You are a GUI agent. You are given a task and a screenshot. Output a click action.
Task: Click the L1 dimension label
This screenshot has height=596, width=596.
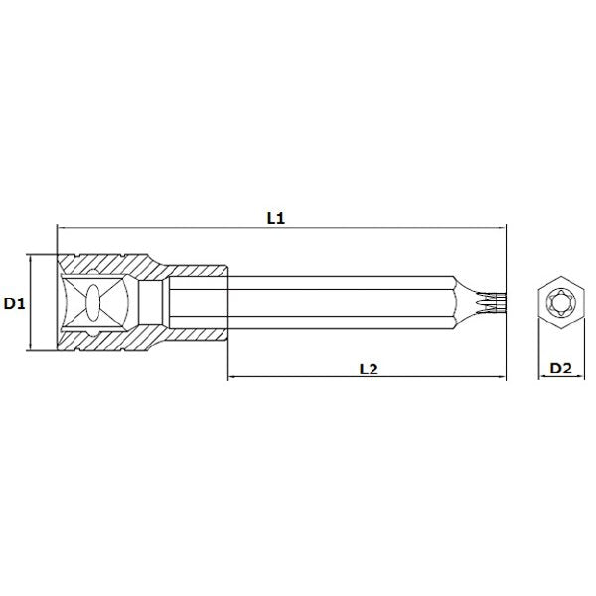pyautogui.click(x=276, y=218)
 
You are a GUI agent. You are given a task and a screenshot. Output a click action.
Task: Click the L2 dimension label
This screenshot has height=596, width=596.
pyautogui.click(x=369, y=369)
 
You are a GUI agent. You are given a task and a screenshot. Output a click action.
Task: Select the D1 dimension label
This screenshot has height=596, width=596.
pyautogui.click(x=14, y=303)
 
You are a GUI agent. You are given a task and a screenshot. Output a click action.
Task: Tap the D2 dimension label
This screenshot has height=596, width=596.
pyautogui.click(x=561, y=368)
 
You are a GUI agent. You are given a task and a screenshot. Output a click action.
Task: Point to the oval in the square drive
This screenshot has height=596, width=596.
pyautogui.click(x=92, y=303)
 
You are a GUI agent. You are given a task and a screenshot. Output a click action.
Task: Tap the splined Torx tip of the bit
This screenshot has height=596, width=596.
pyautogui.click(x=492, y=303)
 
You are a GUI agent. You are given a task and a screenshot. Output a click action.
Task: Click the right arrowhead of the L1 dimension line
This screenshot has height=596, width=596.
pyautogui.click(x=503, y=228)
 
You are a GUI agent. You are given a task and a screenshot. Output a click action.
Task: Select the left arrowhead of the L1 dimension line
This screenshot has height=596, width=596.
pyautogui.click(x=61, y=228)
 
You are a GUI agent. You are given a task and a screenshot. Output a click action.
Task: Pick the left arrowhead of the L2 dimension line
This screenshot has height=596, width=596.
pyautogui.click(x=231, y=377)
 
